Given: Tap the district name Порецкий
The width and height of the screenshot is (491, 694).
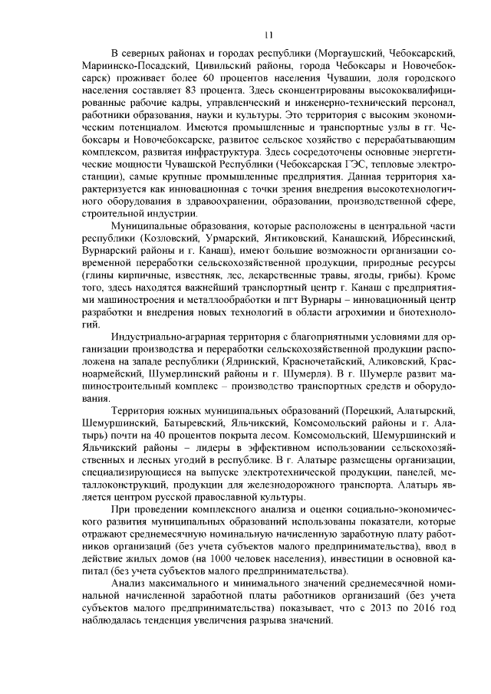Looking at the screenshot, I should (371, 411).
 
